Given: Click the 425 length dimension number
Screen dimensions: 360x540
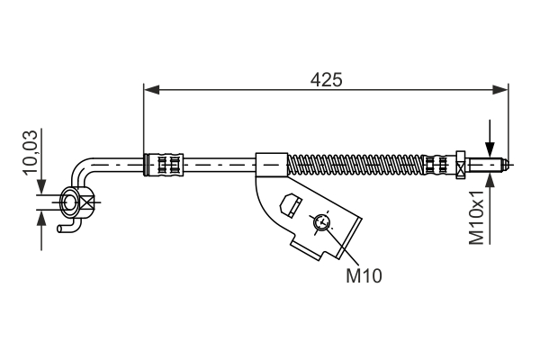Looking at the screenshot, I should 326,79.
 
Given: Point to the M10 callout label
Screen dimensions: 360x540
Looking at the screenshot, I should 364,277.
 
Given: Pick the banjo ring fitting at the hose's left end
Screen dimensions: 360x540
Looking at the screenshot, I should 70,203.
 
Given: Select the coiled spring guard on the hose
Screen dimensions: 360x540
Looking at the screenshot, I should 355,165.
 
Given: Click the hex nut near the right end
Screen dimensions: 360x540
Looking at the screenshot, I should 461,164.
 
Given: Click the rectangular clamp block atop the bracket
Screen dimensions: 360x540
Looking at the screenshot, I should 271,165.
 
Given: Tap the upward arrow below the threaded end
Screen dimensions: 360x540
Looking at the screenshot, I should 489,178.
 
